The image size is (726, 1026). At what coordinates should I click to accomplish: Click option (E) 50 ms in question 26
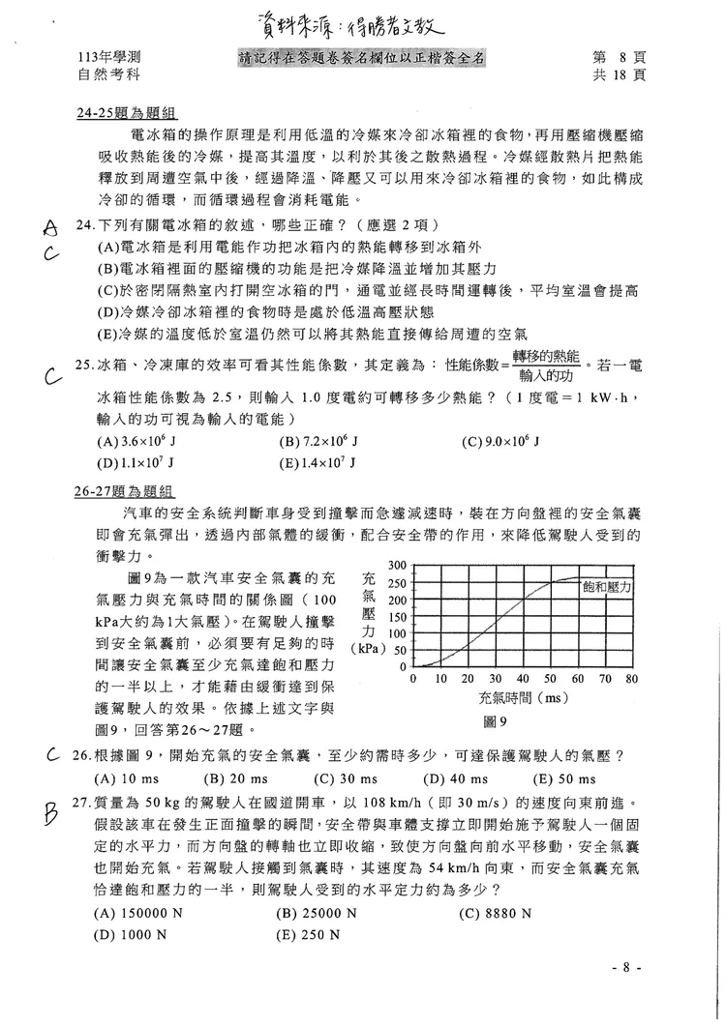(565, 779)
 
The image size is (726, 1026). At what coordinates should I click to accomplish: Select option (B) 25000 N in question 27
(317, 912)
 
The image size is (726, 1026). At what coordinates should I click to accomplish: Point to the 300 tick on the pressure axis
(396, 566)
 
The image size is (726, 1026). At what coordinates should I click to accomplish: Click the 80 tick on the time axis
(632, 679)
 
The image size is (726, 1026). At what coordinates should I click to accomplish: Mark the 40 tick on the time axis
(523, 679)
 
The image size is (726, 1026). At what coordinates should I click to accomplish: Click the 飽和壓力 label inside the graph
(607, 587)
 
